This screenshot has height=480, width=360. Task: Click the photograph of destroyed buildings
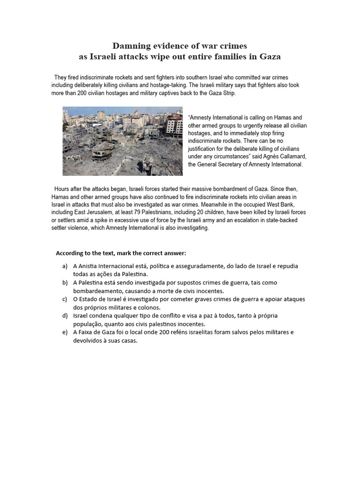(122, 141)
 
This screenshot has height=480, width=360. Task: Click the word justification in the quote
(203, 149)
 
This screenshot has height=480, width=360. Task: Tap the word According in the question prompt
(71, 253)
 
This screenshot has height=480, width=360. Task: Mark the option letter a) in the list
(64, 266)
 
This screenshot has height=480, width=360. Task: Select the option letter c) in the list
(64, 299)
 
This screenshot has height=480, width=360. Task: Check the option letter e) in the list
(64, 332)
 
